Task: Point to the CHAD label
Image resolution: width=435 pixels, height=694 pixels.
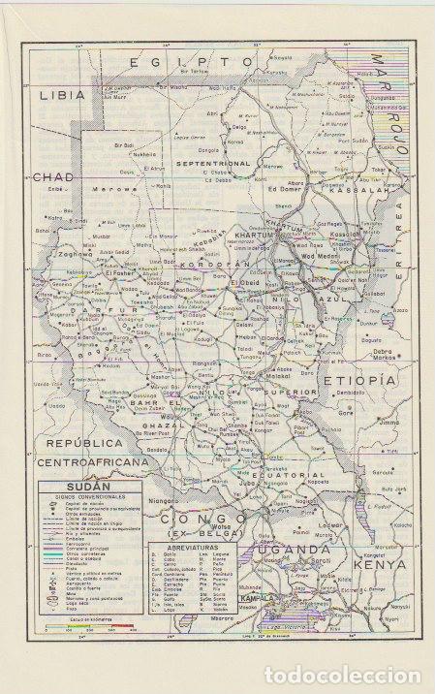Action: (52, 177)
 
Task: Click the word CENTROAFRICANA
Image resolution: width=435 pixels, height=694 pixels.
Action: (92, 463)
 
